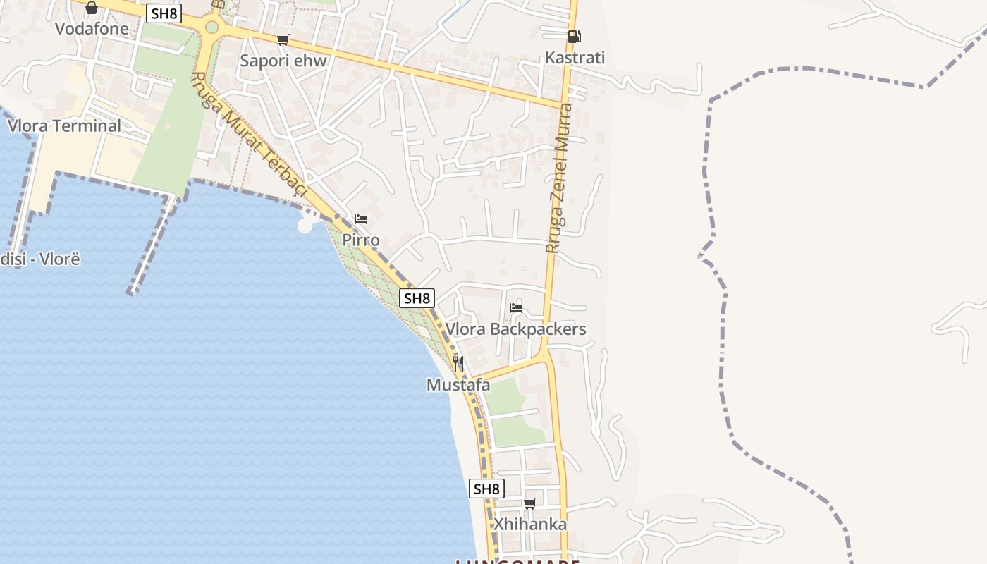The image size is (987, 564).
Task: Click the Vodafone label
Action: (92, 29)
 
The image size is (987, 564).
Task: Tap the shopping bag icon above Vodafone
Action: (92, 8)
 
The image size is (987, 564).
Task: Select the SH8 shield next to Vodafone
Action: (163, 13)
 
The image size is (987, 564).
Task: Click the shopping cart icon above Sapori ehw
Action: (283, 39)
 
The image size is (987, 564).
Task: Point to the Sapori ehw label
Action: (283, 61)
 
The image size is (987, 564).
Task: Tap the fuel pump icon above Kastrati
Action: (575, 37)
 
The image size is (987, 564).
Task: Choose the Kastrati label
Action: (575, 58)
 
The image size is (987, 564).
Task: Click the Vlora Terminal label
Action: (64, 126)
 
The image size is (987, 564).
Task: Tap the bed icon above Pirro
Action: (361, 219)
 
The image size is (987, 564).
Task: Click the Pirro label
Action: (361, 240)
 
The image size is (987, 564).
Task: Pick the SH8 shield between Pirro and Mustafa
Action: (417, 298)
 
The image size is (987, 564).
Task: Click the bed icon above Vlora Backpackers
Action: (516, 307)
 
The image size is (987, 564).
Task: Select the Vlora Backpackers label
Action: (515, 329)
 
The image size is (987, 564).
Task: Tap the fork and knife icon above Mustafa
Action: (458, 364)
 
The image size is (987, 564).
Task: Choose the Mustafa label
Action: (458, 385)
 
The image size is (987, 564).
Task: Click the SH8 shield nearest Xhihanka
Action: (486, 489)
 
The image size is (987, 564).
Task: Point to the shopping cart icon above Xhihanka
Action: (530, 503)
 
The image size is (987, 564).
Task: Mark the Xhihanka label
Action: (529, 525)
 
